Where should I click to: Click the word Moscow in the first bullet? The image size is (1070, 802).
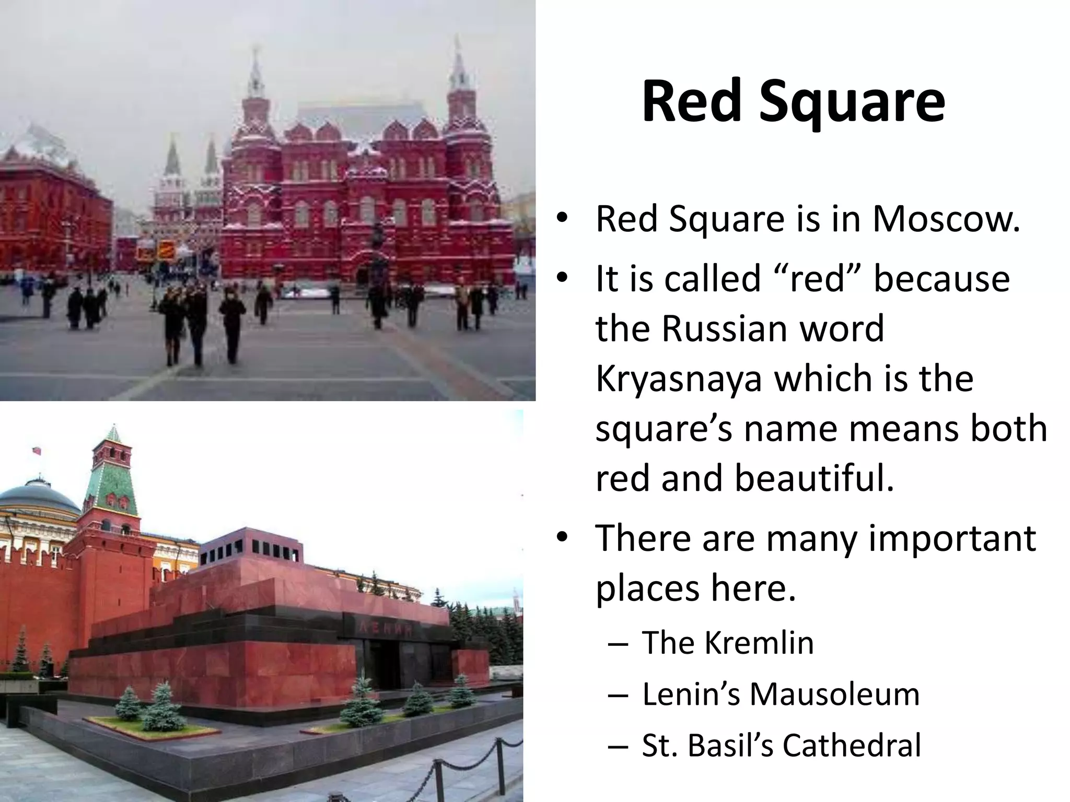point(946,219)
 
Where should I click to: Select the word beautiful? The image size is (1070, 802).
point(815,478)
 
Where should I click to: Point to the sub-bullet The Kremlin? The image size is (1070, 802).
point(728,643)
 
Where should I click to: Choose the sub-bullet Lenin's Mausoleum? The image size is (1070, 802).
point(781,694)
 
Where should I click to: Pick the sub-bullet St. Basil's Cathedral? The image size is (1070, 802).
point(781,745)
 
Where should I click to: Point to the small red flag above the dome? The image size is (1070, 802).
point(37,450)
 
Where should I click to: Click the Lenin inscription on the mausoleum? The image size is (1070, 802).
point(384,629)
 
